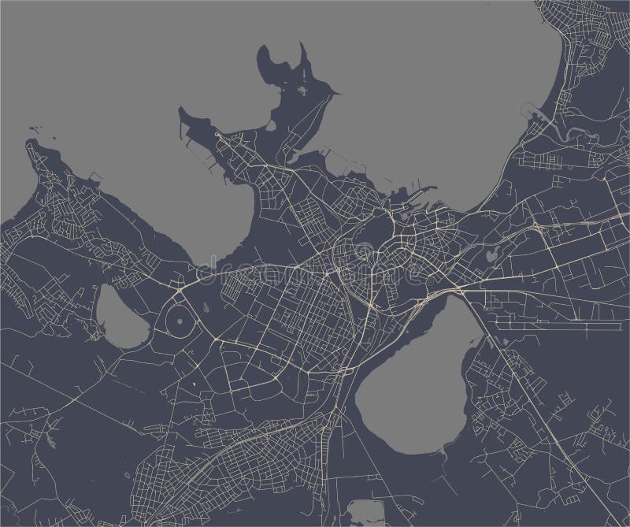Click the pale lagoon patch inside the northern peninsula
point(303,95)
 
